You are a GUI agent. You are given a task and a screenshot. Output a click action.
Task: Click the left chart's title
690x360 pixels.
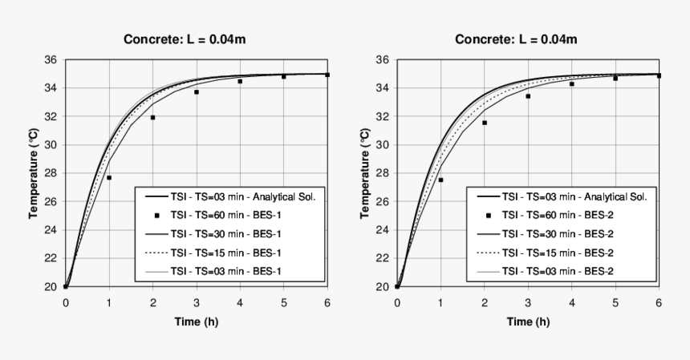[191, 39]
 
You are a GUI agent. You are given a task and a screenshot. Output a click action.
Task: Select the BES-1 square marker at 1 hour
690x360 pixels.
[109, 177]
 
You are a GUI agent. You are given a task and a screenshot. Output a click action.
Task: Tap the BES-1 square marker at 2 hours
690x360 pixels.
[152, 118]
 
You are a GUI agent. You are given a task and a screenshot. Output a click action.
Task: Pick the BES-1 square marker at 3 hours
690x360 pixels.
[196, 92]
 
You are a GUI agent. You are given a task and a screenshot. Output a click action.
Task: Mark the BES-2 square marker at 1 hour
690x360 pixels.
[440, 180]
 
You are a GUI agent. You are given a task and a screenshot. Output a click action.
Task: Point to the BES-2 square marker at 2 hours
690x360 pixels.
[484, 123]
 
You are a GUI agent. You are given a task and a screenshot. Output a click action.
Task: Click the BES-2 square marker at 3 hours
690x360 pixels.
[528, 96]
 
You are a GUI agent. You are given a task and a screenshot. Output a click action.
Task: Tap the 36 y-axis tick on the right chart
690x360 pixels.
[381, 60]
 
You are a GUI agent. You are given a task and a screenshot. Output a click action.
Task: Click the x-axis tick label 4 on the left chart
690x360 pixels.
[240, 301]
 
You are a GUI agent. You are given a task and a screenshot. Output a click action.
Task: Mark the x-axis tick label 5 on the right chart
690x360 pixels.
[615, 301]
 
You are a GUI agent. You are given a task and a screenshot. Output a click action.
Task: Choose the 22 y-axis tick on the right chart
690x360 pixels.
[381, 258]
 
